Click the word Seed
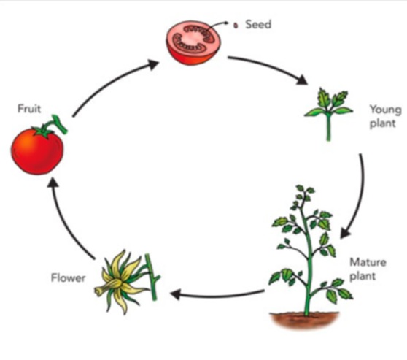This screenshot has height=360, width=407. [x=258, y=24]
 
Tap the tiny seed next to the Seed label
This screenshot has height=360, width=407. [x=236, y=26]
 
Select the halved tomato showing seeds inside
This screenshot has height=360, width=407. [x=193, y=42]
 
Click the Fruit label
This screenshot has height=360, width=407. [x=29, y=108]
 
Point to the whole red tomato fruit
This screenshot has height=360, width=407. [x=37, y=150]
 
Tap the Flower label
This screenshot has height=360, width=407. [x=68, y=278]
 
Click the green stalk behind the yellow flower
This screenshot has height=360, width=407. [x=152, y=277]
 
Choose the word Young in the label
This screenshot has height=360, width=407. [x=385, y=110]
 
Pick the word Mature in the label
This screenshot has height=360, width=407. [x=368, y=262]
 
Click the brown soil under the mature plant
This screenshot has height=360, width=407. [x=304, y=321]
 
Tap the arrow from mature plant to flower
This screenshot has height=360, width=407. [x=217, y=295]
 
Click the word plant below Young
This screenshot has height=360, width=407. [x=383, y=123]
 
